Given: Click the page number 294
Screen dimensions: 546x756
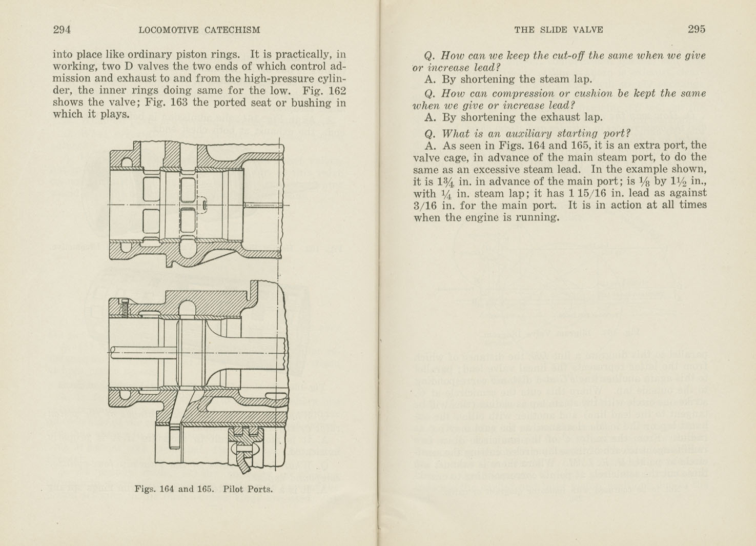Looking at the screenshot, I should tap(62, 30).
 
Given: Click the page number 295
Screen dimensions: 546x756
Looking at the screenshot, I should tap(696, 29).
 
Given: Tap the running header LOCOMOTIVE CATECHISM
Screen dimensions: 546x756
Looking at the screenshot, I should tap(199, 30).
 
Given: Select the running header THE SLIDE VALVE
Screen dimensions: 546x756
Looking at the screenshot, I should tap(558, 30).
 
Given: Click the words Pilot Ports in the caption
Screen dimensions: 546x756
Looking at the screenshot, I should tap(248, 489).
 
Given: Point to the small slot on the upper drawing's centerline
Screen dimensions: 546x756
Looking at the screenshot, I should tap(205, 206).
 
